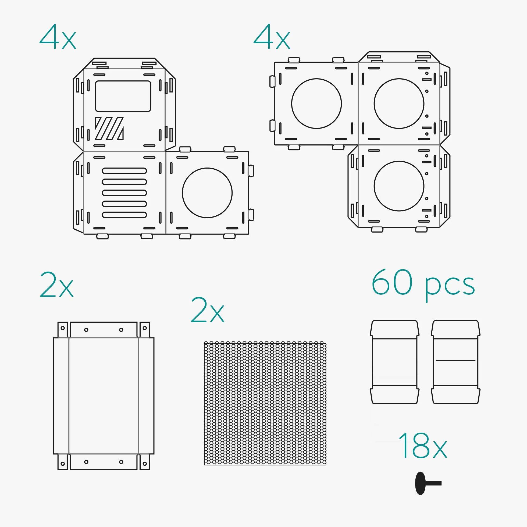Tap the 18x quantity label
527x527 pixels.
[422, 446]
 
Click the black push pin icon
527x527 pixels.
[428, 483]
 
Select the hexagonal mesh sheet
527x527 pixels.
[265, 403]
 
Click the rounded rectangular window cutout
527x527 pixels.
[123, 96]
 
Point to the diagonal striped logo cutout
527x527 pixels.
[109, 128]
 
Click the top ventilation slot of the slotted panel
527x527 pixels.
[124, 171]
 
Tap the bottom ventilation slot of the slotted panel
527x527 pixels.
[124, 215]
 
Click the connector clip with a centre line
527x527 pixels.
[455, 362]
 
